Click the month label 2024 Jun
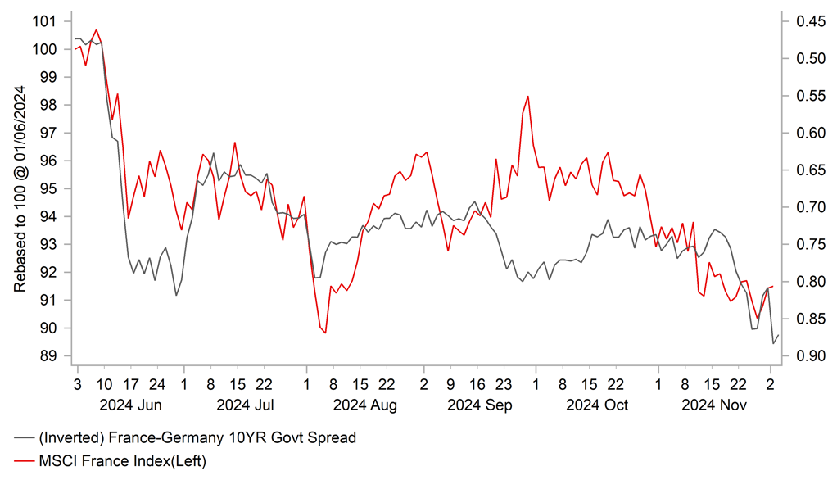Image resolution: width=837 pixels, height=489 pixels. [130, 405]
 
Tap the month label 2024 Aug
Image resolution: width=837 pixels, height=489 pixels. [365, 405]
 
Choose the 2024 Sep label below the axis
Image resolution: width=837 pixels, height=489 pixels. [481, 405]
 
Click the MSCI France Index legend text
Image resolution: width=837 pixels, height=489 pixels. [122, 462]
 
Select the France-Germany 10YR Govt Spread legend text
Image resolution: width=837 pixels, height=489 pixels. [197, 438]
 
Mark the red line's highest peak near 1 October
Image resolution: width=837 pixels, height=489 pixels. [527, 96]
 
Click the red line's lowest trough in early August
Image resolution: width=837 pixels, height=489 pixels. [325, 333]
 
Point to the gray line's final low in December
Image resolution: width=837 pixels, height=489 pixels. [773, 343]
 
